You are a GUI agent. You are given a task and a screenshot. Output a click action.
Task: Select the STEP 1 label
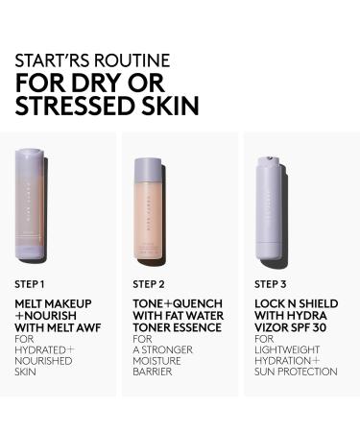tap(31, 284)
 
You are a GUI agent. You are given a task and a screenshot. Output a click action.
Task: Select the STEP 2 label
tap(149, 284)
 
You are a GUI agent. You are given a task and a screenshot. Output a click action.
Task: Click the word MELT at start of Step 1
tap(30, 303)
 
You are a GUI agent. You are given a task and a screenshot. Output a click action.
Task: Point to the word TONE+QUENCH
tap(169, 303)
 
